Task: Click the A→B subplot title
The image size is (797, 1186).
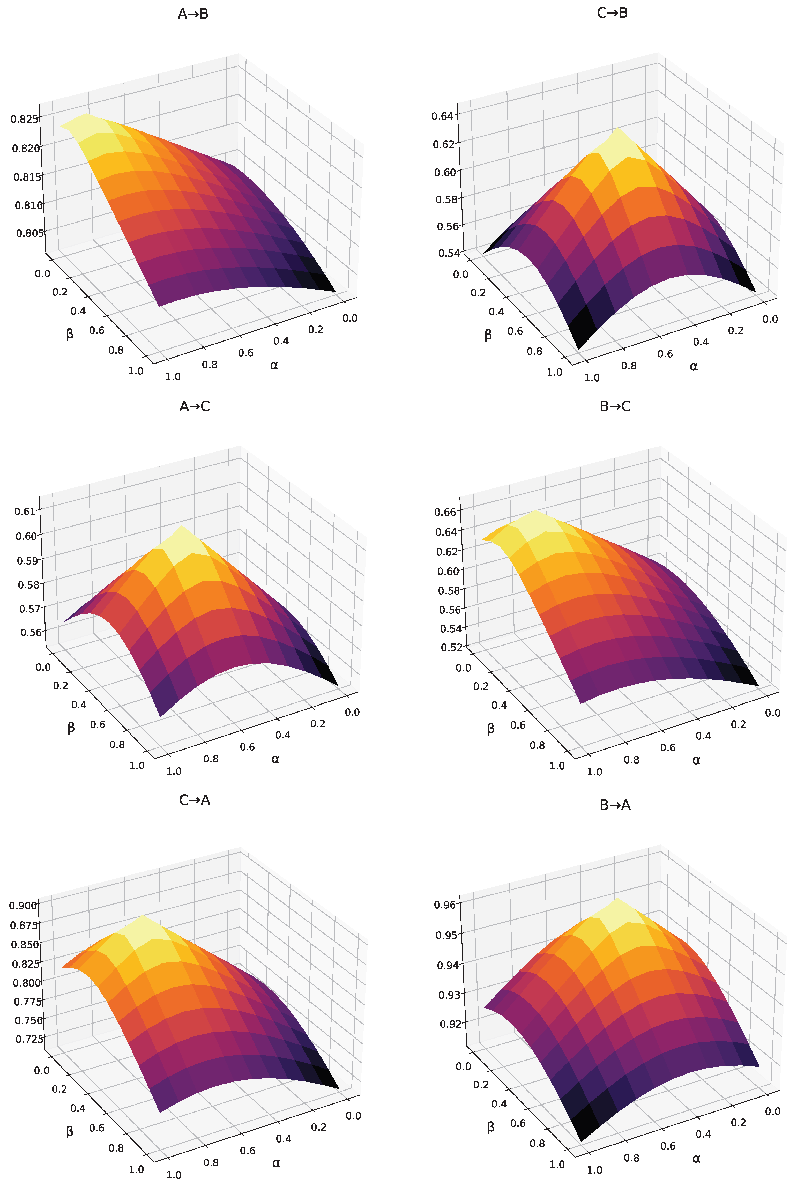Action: point(193,14)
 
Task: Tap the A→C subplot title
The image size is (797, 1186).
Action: point(195,406)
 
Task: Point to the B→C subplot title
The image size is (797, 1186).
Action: point(615,406)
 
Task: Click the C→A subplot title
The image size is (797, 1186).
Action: point(195,800)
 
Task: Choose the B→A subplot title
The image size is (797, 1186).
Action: point(615,805)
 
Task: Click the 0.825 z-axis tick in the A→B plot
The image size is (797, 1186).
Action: point(24,120)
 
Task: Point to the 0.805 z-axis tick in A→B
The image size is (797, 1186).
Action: point(29,233)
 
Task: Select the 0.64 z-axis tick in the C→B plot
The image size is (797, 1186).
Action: point(442,116)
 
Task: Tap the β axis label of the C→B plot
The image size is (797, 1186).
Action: point(488,335)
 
